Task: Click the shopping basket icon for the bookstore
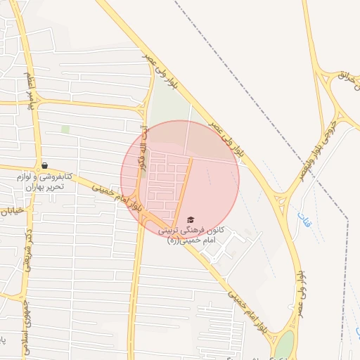pos(44,165)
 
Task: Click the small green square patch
pos(65,129)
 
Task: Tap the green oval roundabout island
pos(285,345)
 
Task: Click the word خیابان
pos(14,210)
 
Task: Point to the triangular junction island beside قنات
pos(282,204)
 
